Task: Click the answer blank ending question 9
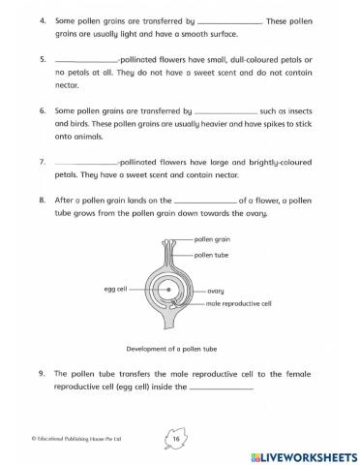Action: (x=223, y=389)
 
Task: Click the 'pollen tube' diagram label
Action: (x=211, y=255)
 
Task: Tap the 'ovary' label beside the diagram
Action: (x=216, y=290)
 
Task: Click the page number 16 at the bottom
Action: (x=176, y=439)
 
